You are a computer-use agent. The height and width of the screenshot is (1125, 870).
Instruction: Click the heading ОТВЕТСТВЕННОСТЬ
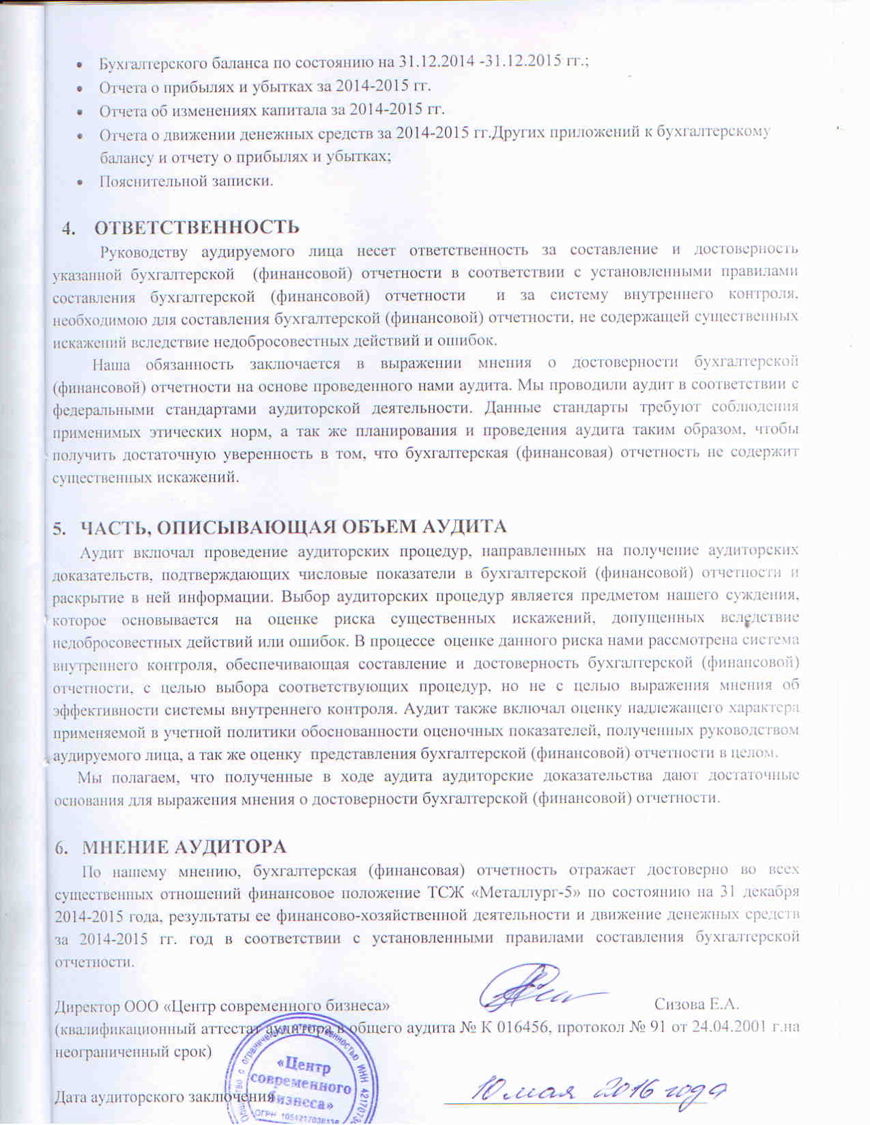[197, 227]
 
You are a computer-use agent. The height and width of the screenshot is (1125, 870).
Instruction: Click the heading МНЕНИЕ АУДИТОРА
[184, 846]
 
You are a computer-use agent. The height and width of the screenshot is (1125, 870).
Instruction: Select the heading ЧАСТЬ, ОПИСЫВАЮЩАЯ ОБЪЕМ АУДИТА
[294, 526]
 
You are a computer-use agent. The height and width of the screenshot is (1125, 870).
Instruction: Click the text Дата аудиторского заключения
[164, 1097]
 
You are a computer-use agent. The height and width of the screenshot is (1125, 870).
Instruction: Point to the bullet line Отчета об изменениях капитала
[272, 110]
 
